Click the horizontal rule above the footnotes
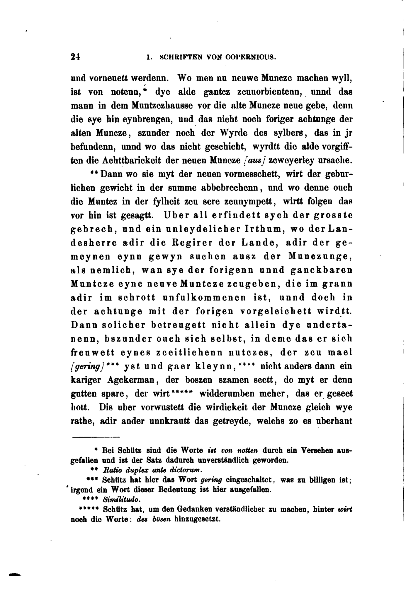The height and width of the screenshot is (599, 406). pos(96,437)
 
